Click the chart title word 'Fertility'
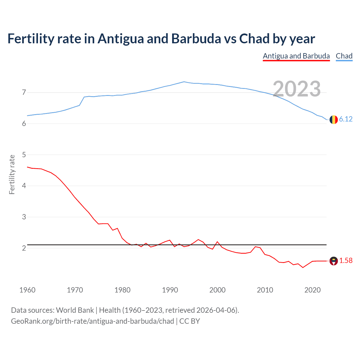pos(31,39)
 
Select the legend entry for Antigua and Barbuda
pos(296,56)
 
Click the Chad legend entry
pos(344,56)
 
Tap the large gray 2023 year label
pos(297,89)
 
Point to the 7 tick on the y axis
pos(24,92)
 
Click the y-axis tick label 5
pos(24,155)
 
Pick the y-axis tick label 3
pos(24,217)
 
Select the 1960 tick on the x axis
pos(27,290)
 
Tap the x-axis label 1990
pos(170,290)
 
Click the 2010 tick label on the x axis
pos(265,290)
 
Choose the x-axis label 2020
pos(312,290)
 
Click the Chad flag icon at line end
pos(334,120)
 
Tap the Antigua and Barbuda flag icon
pos(334,261)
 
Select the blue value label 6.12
pos(346,119)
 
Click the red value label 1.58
pos(346,261)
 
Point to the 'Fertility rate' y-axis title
pos(12,174)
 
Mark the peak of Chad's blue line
pos(184,82)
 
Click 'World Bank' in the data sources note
pos(75,310)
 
